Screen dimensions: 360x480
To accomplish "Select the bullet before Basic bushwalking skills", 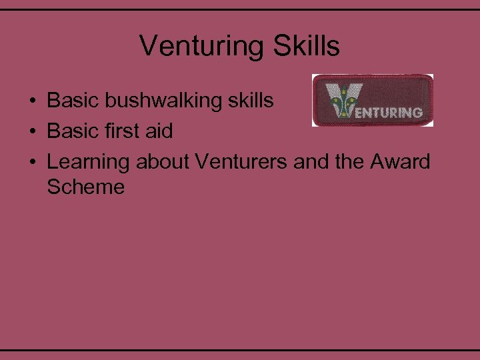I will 31,101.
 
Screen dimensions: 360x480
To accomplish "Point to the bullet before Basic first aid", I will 31,132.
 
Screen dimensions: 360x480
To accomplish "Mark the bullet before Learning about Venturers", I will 31,162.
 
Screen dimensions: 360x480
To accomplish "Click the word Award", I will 400,161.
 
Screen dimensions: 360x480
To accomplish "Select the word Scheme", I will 86,187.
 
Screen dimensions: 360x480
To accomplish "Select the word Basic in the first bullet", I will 71,101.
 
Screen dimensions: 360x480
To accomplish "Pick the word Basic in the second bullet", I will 71,131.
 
